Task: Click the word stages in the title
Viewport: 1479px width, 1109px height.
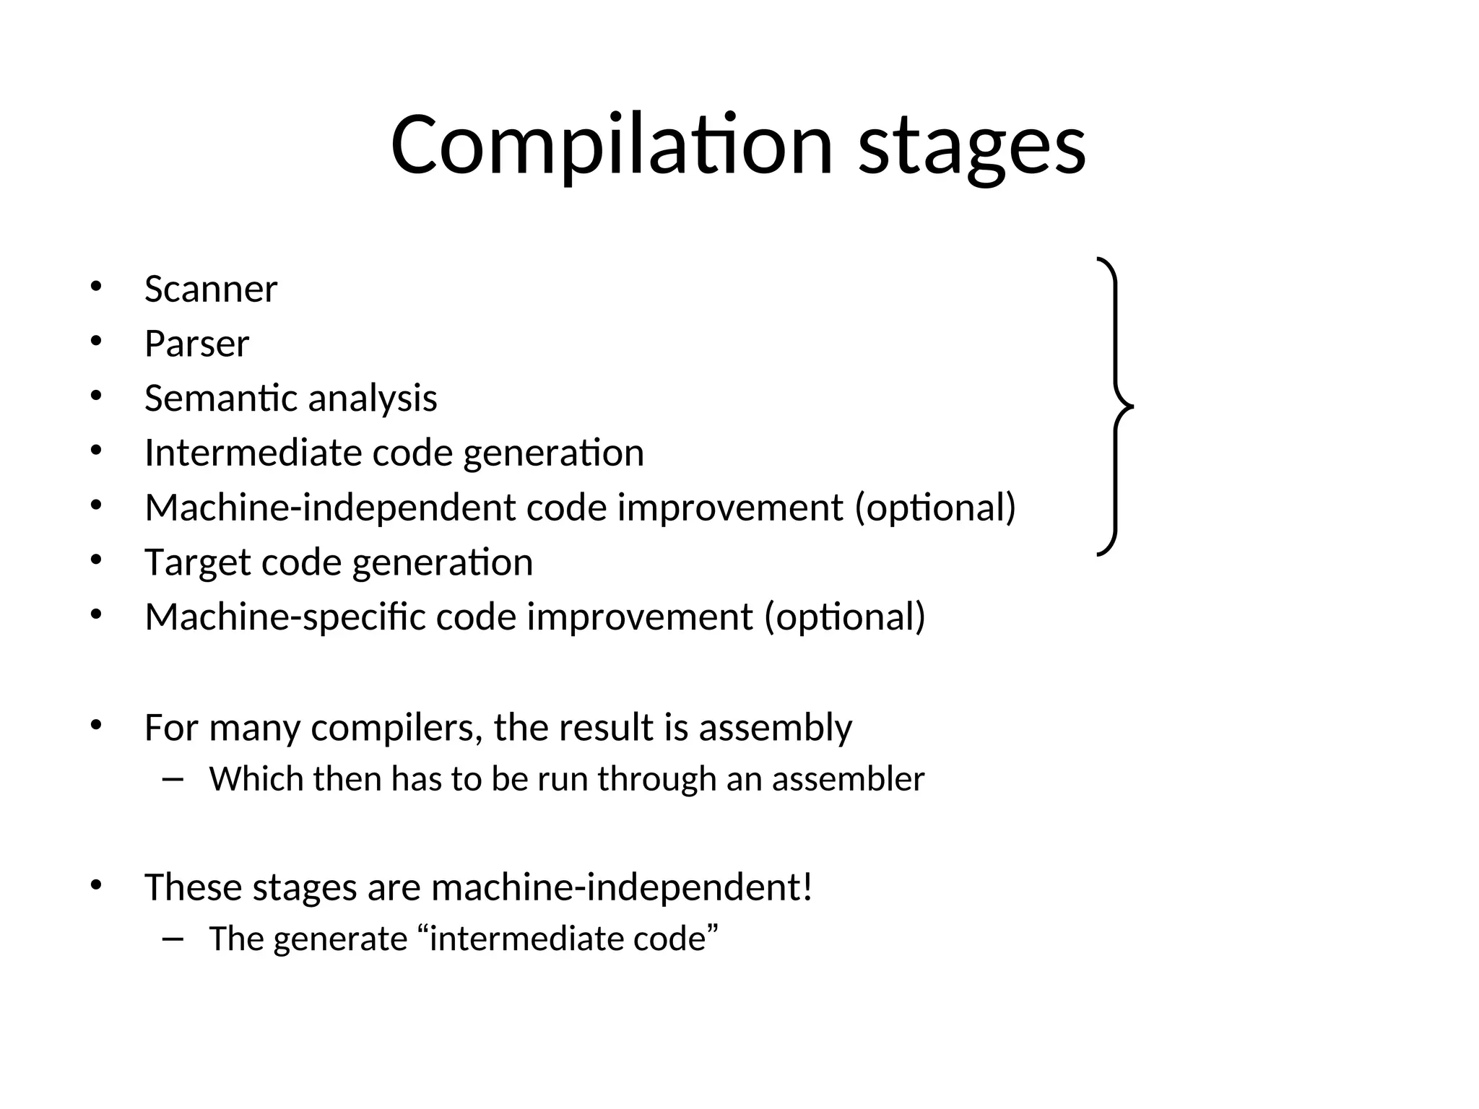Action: point(971,148)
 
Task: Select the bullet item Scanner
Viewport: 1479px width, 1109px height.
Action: point(210,290)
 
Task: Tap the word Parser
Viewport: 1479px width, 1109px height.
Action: point(196,344)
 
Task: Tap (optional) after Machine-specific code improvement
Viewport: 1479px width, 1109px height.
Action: point(844,617)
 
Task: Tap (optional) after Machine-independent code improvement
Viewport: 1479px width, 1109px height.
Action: point(935,508)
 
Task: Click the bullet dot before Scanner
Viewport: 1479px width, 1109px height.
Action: point(95,287)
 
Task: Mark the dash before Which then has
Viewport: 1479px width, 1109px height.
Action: point(172,779)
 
